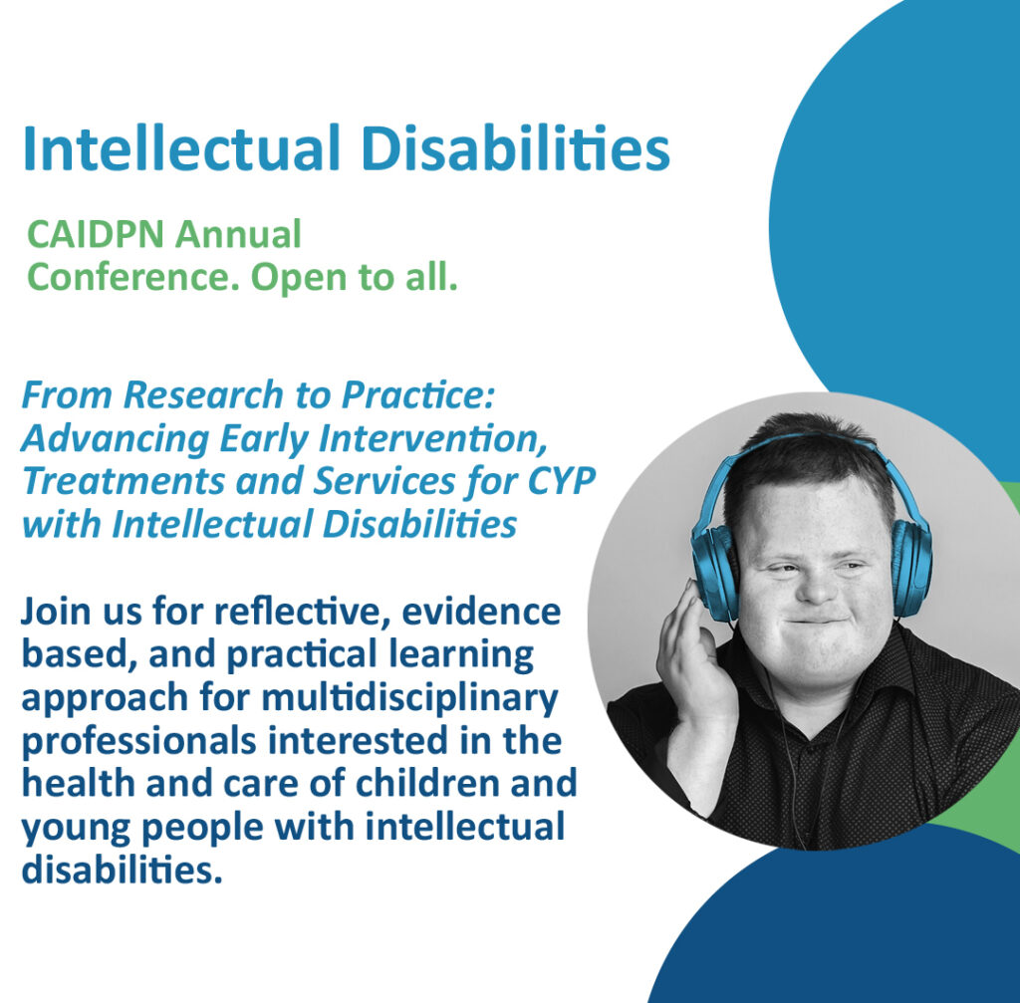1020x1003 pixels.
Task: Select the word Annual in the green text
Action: (x=238, y=234)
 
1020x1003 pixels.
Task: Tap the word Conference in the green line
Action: (x=133, y=277)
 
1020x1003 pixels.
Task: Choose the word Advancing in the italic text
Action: (x=116, y=439)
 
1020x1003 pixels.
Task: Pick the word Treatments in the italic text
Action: (x=125, y=481)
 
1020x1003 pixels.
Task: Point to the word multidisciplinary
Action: (x=409, y=698)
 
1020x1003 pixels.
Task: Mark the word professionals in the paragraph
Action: (x=139, y=741)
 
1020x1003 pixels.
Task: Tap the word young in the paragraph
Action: (x=76, y=828)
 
